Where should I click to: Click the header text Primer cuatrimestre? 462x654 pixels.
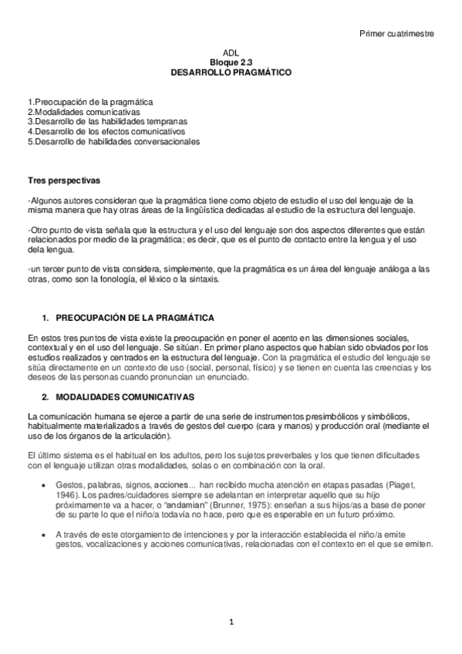(x=396, y=33)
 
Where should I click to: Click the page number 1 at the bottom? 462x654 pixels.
(x=231, y=622)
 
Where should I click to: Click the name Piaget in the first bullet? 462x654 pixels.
(x=410, y=483)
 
